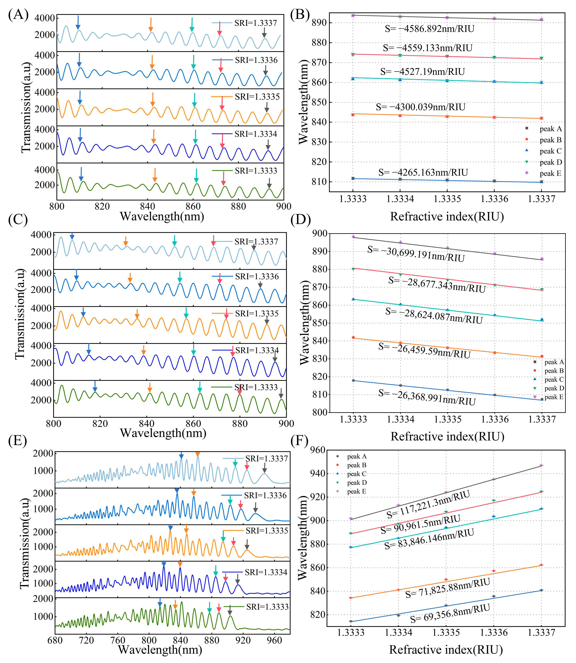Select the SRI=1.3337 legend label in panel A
point(256,23)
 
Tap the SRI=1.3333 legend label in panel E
point(267,607)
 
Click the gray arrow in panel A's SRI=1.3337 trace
point(264,32)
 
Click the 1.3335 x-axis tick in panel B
point(447,199)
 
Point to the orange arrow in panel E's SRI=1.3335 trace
point(186,528)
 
